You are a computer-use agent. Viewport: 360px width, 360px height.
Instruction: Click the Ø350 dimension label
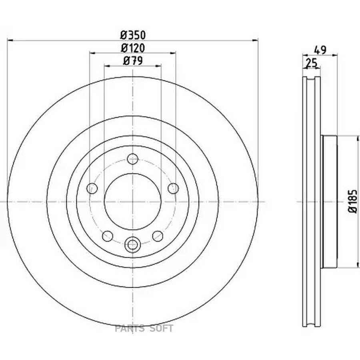[x=133, y=35]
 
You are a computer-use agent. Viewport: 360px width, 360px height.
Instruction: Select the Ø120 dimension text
[x=133, y=48]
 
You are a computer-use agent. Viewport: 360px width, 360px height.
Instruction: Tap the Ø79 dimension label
[x=133, y=61]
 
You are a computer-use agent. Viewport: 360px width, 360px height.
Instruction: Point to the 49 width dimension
[x=320, y=50]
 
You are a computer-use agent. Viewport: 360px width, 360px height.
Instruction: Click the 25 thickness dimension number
[x=312, y=63]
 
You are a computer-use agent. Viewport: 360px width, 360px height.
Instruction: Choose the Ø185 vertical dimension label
[x=353, y=201]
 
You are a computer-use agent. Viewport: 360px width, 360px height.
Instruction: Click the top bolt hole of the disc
[x=133, y=159]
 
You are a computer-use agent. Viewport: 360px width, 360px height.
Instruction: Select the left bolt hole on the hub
[x=92, y=188]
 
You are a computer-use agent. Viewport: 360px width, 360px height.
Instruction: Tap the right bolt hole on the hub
[x=173, y=188]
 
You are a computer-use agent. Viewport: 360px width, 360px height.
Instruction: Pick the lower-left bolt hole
[x=108, y=236]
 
